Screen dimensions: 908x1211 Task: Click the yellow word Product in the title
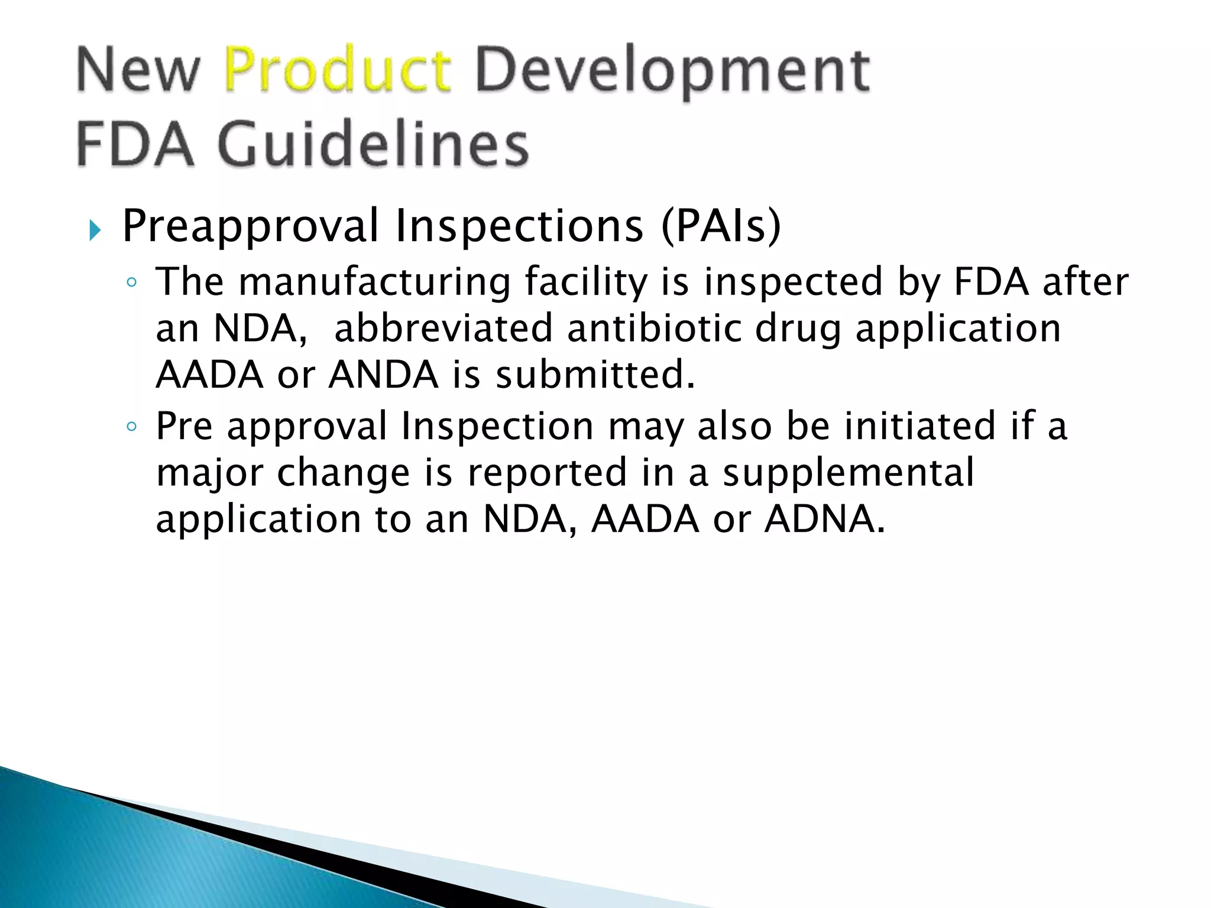tap(338, 72)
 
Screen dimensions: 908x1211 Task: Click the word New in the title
tap(138, 72)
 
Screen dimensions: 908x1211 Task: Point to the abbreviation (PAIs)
tap(721, 226)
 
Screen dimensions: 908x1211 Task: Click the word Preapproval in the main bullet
tap(250, 227)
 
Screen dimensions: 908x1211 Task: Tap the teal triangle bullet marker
tap(95, 229)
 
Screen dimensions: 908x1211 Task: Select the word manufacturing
tap(374, 283)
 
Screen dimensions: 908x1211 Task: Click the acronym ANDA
tap(383, 375)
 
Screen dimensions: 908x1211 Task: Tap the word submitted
tap(595, 375)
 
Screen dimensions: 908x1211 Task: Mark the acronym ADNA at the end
tap(824, 519)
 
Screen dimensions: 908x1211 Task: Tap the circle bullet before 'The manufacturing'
tap(132, 283)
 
